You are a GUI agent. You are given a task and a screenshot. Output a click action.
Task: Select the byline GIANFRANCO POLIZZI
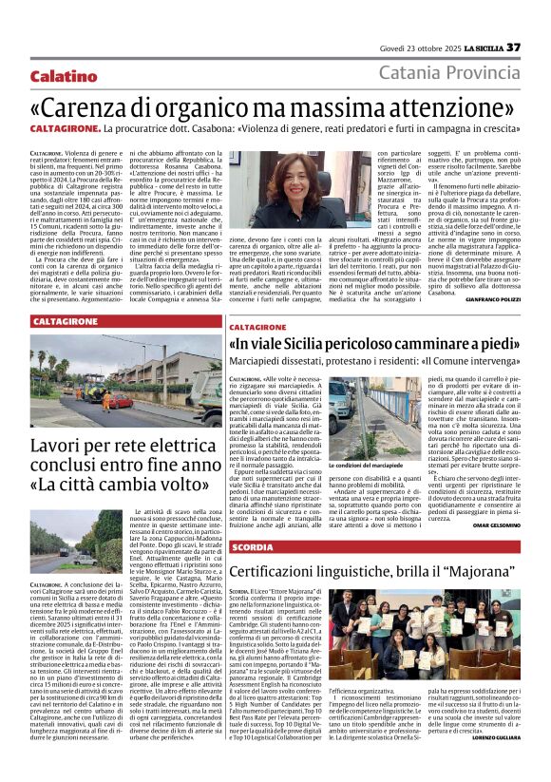(x=492, y=298)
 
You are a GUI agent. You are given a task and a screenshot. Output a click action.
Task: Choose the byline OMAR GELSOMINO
(x=494, y=526)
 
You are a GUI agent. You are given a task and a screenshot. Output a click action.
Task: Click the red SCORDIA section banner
(x=252, y=547)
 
